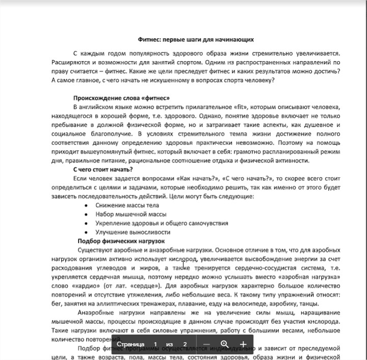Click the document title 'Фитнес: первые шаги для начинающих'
(x=196, y=39)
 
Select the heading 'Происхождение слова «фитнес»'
(x=121, y=97)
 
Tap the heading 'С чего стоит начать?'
(x=103, y=170)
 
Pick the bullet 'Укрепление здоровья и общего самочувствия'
(x=162, y=223)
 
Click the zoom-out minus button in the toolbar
(x=206, y=344)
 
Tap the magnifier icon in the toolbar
(x=225, y=344)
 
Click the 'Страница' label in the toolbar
(x=130, y=344)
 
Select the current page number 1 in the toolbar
(x=155, y=344)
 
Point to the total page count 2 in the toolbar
(x=185, y=344)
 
